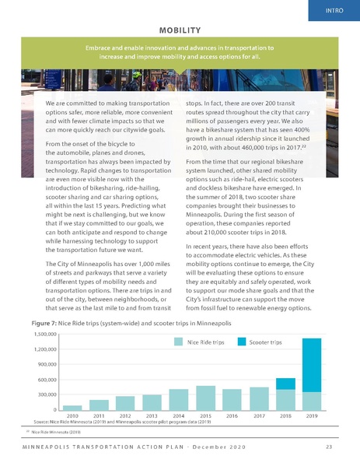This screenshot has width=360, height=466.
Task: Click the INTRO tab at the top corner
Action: (335, 10)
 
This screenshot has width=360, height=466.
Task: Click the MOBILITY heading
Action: (180, 30)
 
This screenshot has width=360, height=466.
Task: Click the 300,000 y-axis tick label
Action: (46, 394)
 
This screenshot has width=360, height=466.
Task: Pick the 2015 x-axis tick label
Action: (205, 416)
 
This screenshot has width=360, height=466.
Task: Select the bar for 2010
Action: (72, 407)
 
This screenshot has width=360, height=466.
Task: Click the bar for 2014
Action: (179, 399)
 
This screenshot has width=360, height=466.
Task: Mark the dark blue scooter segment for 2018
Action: (285, 384)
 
